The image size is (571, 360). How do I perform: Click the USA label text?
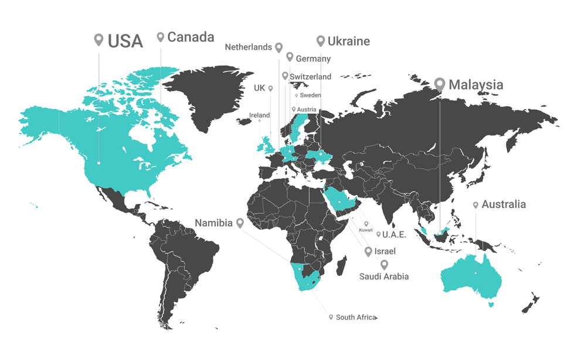(125, 41)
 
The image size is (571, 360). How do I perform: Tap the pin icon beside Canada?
(161, 37)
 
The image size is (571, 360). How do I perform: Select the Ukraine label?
(348, 41)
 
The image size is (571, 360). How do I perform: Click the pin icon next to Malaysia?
(439, 84)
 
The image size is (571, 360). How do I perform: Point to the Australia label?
(504, 205)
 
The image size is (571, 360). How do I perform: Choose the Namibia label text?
(213, 223)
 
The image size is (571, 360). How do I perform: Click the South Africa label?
(356, 317)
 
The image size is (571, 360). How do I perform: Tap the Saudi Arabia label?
(384, 276)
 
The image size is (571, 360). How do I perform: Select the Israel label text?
(385, 252)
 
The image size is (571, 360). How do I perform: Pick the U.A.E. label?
(394, 235)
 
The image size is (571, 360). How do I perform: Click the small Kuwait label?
(366, 230)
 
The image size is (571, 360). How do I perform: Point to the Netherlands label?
(249, 47)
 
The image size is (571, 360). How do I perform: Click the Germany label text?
(313, 59)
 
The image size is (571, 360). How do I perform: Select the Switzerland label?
(310, 77)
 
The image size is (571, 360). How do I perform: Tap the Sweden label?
(310, 95)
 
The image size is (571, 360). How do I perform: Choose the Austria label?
(307, 110)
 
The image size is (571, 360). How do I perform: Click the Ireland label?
(259, 115)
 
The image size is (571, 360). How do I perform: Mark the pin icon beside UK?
(270, 89)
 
